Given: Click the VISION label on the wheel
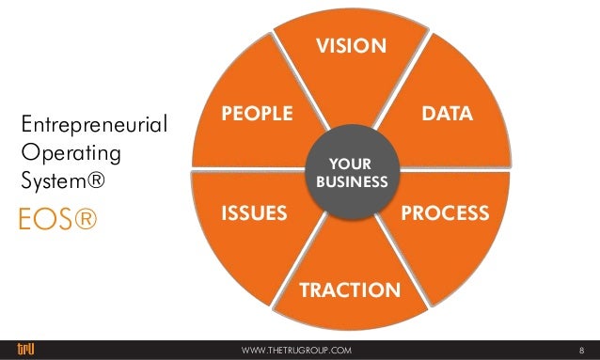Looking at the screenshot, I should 351,46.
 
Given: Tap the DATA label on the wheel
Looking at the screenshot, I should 447,114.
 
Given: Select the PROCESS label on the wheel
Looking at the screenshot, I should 445,213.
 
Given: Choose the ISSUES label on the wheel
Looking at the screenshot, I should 253,213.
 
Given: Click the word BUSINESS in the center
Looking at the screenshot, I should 351,180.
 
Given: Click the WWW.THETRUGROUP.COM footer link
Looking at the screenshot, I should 296,350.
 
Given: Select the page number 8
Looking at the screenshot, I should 581,350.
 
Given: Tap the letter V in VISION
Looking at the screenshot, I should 320,46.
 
